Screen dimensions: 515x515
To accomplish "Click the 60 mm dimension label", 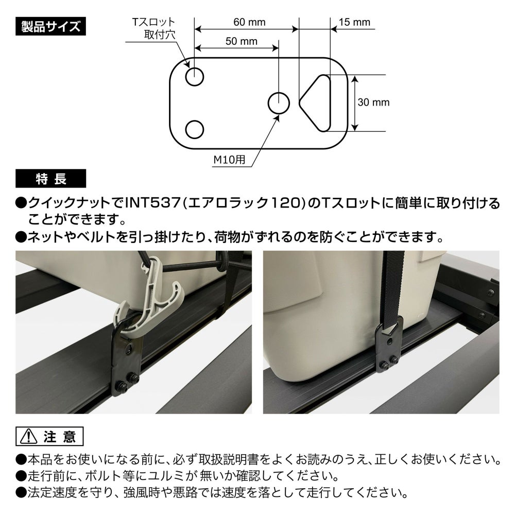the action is pos(249,22).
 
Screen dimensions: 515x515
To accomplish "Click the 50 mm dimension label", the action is pos(242,41).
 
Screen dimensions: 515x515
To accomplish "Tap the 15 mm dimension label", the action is pos(354,22).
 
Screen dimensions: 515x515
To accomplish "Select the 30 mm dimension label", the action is pos(373,102).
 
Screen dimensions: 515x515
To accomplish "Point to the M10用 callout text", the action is pos(229,160).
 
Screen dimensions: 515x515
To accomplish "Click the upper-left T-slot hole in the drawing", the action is pos(195,77).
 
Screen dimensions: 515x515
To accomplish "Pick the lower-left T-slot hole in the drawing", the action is pos(195,129).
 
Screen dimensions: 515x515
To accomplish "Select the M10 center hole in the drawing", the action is pos(279,103).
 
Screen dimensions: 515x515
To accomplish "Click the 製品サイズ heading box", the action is pos(50,26).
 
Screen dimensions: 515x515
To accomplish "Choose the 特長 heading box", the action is pos(50,179).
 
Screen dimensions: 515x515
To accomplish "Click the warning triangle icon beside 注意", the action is pos(28,437).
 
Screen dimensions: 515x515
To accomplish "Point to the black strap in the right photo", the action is pos(393,289).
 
